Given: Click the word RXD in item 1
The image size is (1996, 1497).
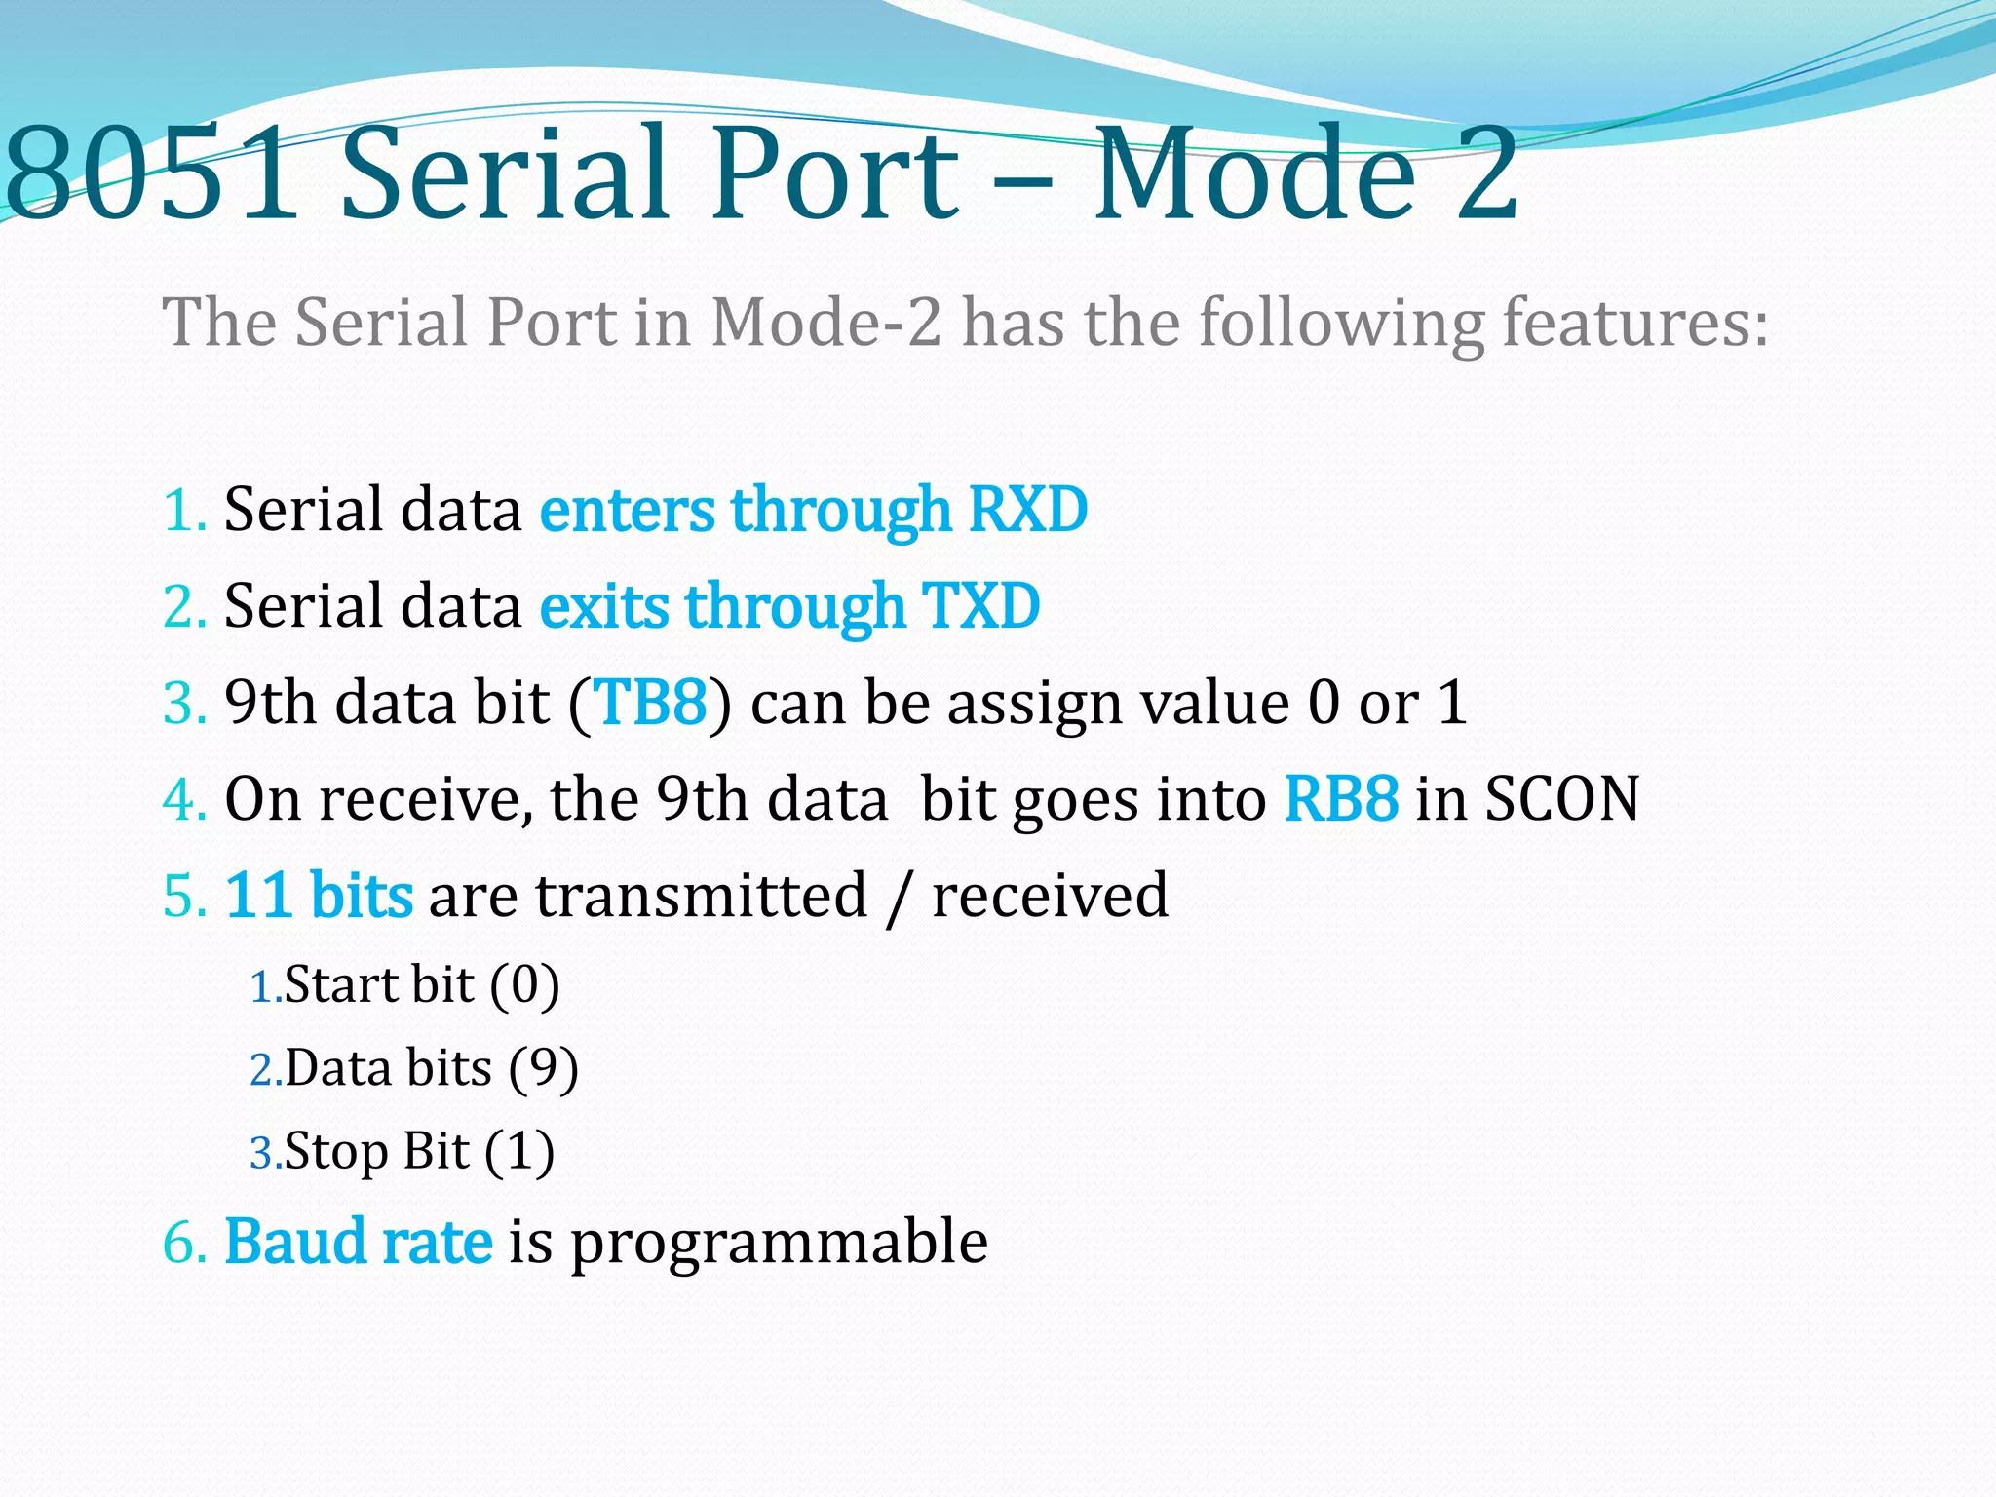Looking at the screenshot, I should click(x=1028, y=510).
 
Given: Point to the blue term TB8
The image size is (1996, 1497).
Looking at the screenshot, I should click(x=650, y=702).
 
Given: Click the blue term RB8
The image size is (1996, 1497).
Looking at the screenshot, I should click(x=1341, y=798).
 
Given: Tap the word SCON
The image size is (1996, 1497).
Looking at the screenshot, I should click(x=1561, y=798).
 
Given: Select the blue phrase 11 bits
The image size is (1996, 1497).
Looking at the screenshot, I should click(x=319, y=895).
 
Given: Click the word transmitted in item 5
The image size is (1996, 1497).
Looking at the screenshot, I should click(x=700, y=895).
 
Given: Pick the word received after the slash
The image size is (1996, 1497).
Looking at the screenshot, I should click(x=1050, y=895).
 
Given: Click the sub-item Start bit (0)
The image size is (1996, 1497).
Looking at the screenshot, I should click(x=421, y=984).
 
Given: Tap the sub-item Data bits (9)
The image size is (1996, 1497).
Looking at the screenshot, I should click(x=431, y=1068).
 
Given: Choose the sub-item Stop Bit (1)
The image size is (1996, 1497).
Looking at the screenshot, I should click(x=419, y=1151).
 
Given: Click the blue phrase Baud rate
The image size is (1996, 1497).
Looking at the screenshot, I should click(x=358, y=1242).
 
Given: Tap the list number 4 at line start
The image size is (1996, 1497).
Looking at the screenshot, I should click(x=180, y=799).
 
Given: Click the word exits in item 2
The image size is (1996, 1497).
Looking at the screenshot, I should click(x=603, y=606).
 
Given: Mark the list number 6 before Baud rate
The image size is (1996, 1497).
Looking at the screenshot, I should click(x=180, y=1243).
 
